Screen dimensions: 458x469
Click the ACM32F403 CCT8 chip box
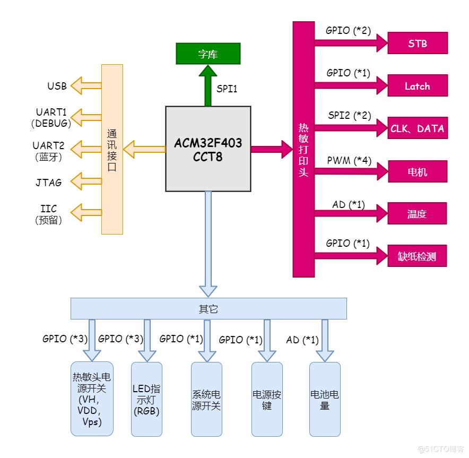click(x=208, y=149)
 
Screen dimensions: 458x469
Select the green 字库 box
click(x=208, y=54)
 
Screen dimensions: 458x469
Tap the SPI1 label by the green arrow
click(x=227, y=89)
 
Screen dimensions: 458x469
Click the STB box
click(x=418, y=43)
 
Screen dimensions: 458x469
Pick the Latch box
click(x=418, y=86)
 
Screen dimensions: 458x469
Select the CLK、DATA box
click(x=418, y=128)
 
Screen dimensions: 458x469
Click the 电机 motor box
click(x=418, y=171)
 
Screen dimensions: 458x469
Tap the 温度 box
click(x=418, y=214)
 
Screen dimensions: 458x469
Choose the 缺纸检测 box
click(x=418, y=257)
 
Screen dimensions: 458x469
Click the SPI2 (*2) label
click(x=349, y=116)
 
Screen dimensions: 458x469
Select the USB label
click(x=57, y=85)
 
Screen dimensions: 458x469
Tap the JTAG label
click(x=49, y=183)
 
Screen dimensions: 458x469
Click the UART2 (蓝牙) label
click(x=49, y=151)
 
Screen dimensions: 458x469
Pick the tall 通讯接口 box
click(x=112, y=149)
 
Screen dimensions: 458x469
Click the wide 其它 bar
click(x=209, y=309)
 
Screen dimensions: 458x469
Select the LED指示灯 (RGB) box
click(x=146, y=399)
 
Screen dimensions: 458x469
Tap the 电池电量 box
click(x=325, y=399)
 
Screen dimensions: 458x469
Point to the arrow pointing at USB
click(x=86, y=85)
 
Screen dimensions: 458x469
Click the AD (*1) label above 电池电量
click(x=302, y=340)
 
